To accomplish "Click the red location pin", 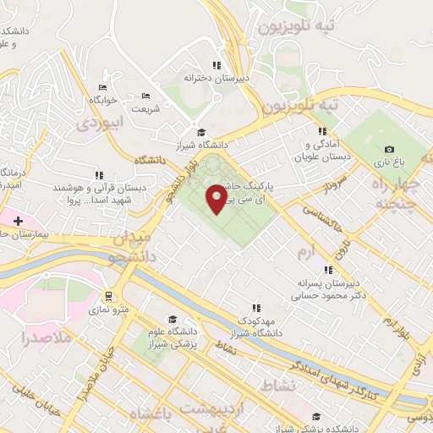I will [x=217, y=198].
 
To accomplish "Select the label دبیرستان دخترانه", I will [x=219, y=78].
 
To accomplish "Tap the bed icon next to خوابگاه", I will [x=103, y=87].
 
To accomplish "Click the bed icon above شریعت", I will [x=145, y=96].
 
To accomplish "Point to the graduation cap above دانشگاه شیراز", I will [x=201, y=132].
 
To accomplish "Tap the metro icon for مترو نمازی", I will [x=107, y=296].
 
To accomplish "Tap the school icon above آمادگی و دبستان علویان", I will [x=321, y=131].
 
